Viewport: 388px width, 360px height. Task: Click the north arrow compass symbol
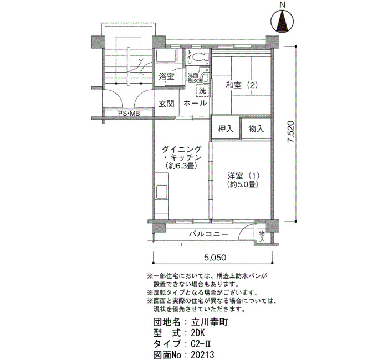pos(282,21)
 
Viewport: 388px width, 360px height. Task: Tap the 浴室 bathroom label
pos(166,76)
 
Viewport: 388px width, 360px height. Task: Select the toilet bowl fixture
pos(200,58)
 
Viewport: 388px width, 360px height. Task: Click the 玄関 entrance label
pos(166,104)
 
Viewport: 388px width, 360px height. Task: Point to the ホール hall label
pos(195,103)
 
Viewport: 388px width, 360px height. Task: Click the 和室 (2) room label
pos(242,85)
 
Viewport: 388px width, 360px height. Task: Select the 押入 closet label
pos(226,128)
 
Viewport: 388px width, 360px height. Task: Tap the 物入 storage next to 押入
pos(256,128)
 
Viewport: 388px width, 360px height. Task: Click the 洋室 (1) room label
pos(243,176)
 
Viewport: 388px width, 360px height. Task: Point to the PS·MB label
pos(129,114)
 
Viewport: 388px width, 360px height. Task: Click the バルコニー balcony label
pos(208,234)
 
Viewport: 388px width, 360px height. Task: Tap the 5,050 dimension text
pos(215,258)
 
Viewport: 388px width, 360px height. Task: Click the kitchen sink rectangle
pos(162,192)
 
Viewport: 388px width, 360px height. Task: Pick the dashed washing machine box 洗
pos(202,90)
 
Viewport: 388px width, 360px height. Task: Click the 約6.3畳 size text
pos(181,166)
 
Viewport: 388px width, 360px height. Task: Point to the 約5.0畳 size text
pos(243,184)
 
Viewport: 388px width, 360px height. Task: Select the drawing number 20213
pos(202,355)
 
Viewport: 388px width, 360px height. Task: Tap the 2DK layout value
pos(198,333)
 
